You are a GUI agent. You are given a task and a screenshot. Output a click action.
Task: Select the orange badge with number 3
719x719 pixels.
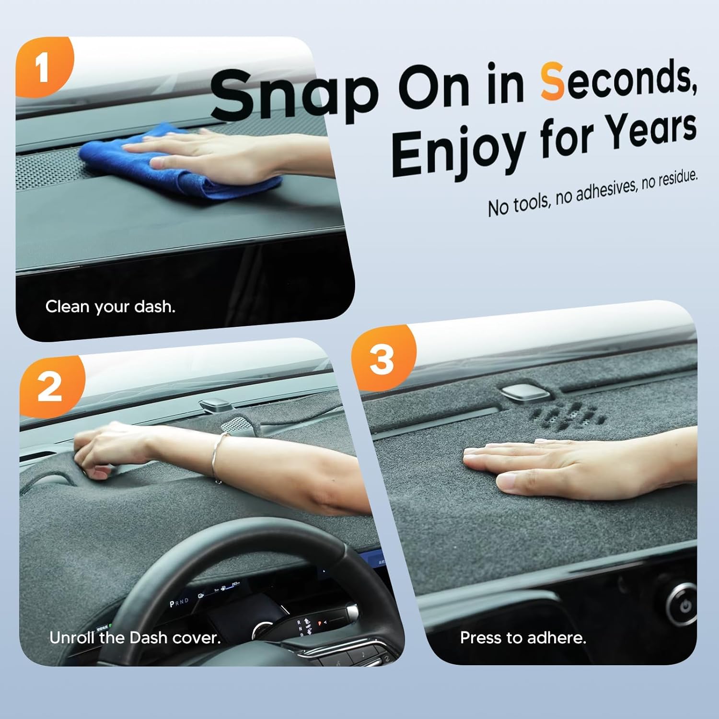[x=382, y=359]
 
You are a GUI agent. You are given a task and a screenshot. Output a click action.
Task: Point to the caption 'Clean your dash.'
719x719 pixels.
[x=110, y=307]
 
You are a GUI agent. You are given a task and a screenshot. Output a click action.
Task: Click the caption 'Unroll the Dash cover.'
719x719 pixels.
[x=135, y=638]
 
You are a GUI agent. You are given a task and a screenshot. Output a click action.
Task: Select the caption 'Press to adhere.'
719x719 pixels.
[x=523, y=638]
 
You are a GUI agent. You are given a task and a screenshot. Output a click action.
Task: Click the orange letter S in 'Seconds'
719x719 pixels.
[x=552, y=82]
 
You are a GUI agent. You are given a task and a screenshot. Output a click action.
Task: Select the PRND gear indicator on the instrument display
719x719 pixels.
[x=179, y=602]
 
